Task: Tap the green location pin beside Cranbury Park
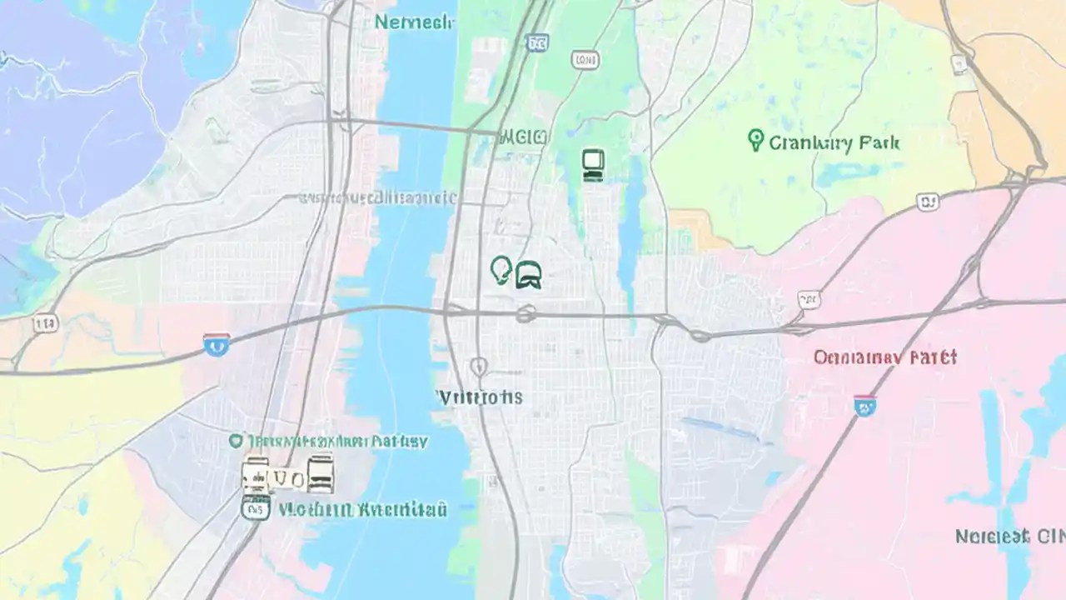pyautogui.click(x=755, y=140)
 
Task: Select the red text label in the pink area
pyautogui.click(x=884, y=357)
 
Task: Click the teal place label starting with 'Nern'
pyautogui.click(x=414, y=22)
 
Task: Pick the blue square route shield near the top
pyautogui.click(x=537, y=42)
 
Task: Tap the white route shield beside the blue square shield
pyautogui.click(x=585, y=58)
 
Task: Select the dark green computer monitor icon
pyautogui.click(x=592, y=165)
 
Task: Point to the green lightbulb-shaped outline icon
pyautogui.click(x=501, y=270)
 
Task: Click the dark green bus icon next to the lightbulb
pyautogui.click(x=529, y=274)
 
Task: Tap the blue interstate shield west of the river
pyautogui.click(x=216, y=343)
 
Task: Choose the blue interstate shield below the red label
pyautogui.click(x=865, y=406)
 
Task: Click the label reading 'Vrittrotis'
pyautogui.click(x=481, y=397)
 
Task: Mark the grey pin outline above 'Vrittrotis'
pyautogui.click(x=478, y=366)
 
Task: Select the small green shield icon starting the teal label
pyautogui.click(x=237, y=441)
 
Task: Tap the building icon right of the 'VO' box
pyautogui.click(x=320, y=474)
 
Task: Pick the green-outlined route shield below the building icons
pyautogui.click(x=255, y=507)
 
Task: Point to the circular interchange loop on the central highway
pyautogui.click(x=525, y=314)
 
